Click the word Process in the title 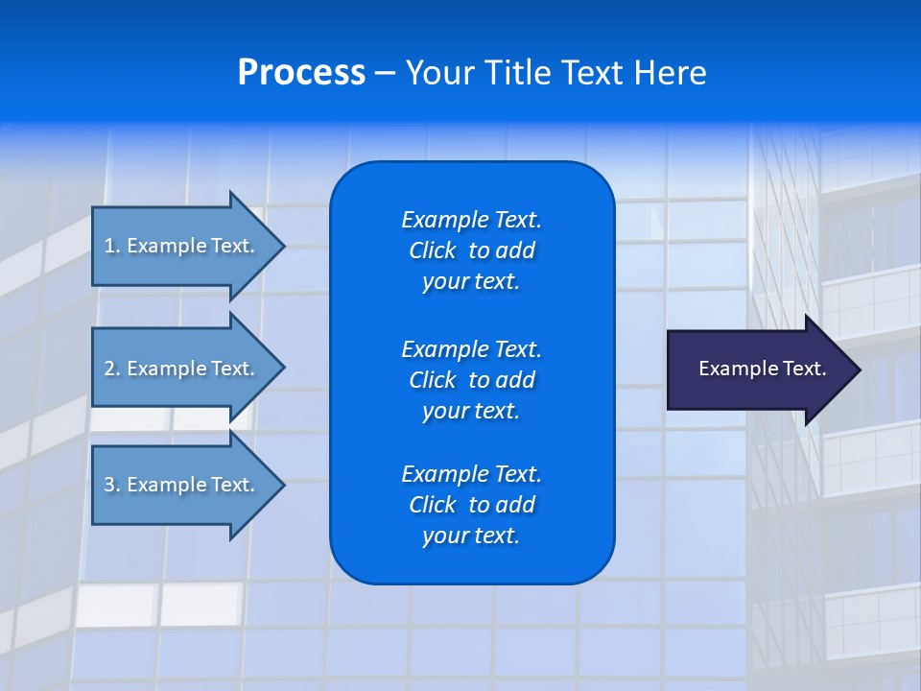coord(301,73)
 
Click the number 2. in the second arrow coord(112,369)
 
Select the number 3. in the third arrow coord(112,485)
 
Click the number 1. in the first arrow coord(112,246)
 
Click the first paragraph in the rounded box coord(471,250)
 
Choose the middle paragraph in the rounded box coord(471,380)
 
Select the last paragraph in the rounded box coord(471,505)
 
